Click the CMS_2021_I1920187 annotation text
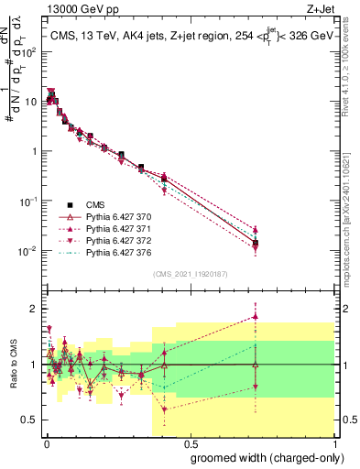click(x=189, y=274)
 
